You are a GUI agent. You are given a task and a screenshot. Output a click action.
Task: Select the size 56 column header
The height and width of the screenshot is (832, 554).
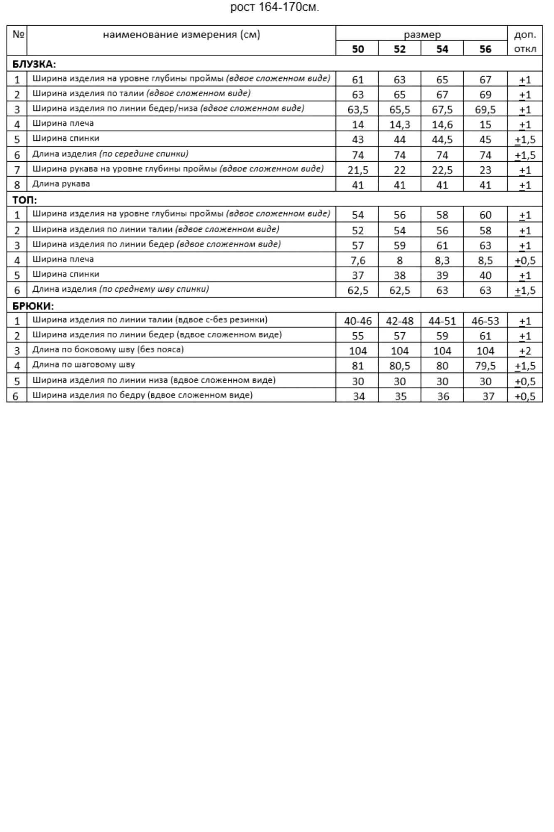(x=485, y=49)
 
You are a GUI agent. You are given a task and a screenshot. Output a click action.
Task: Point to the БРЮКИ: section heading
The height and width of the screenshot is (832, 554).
(x=33, y=306)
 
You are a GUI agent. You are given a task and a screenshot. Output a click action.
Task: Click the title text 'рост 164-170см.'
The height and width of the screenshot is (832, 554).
(x=275, y=7)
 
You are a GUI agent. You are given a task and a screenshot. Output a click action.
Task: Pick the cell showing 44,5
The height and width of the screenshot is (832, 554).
(x=442, y=140)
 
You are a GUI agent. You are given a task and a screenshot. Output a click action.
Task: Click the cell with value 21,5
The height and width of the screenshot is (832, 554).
(x=357, y=170)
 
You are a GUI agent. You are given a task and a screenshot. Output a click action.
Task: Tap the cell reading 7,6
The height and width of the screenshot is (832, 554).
(x=357, y=260)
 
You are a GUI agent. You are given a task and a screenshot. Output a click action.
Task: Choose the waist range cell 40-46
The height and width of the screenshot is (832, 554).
(x=357, y=321)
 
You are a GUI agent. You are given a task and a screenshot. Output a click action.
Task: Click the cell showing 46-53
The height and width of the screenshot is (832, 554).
(x=485, y=321)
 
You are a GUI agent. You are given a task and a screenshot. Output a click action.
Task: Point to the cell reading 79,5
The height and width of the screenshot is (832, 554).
(x=485, y=366)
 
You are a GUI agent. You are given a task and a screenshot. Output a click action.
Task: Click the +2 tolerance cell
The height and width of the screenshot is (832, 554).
(x=525, y=351)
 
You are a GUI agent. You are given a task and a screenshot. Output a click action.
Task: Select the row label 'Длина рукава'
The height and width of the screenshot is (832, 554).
(x=61, y=184)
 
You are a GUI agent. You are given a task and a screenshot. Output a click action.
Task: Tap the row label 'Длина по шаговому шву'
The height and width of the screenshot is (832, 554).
(x=84, y=365)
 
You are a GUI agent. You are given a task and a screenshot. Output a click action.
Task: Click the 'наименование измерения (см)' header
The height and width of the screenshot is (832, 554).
(x=181, y=35)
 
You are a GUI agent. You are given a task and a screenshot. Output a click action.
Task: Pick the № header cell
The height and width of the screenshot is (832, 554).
(x=17, y=35)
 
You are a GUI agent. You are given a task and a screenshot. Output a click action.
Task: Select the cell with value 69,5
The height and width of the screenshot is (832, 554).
(x=485, y=110)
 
